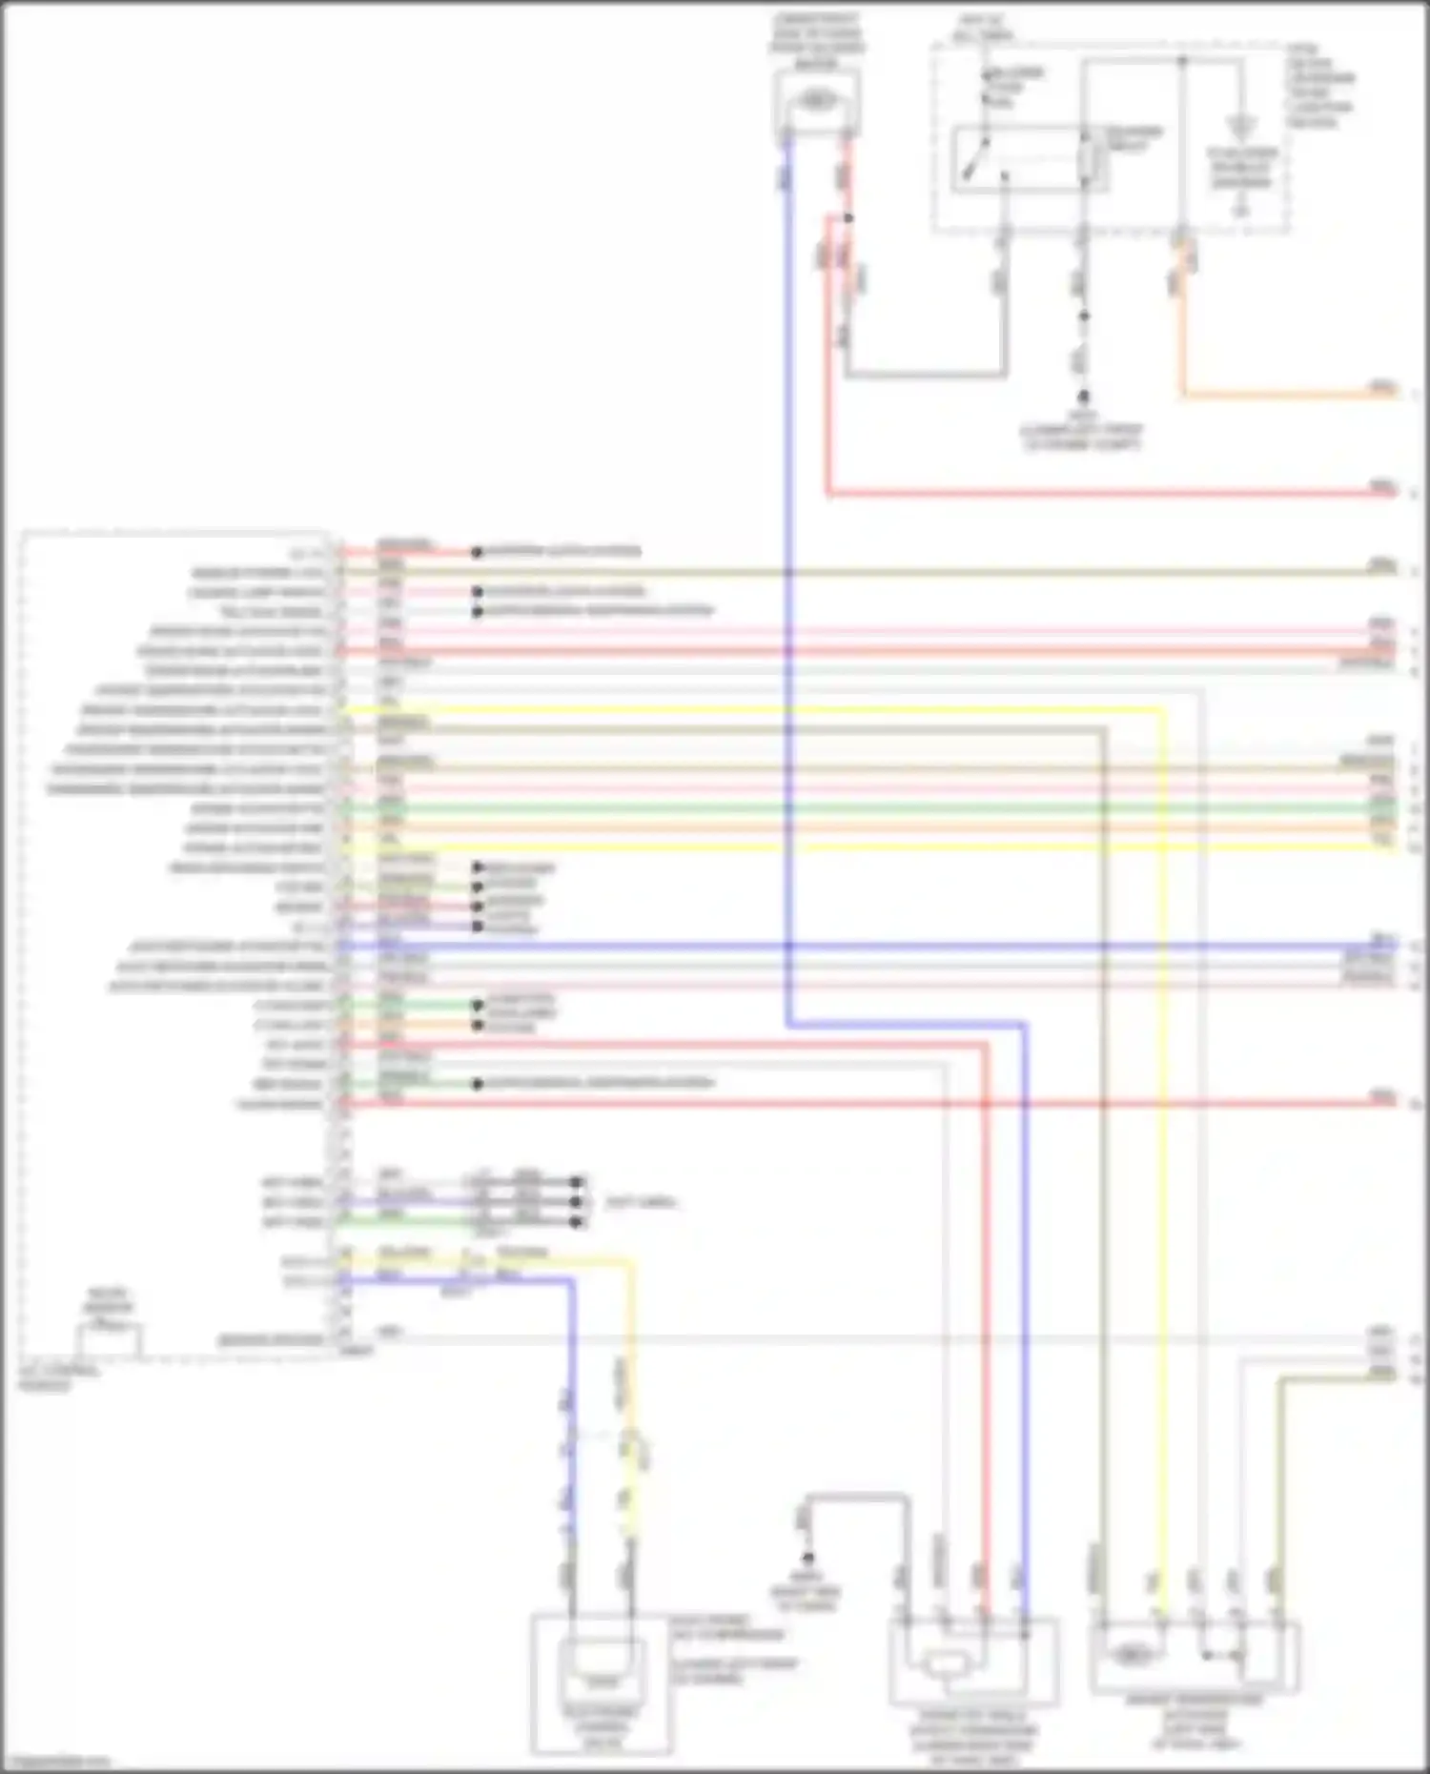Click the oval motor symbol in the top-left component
point(816,99)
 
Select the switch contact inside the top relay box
point(976,162)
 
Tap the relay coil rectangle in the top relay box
point(1087,162)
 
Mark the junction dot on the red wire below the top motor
point(848,218)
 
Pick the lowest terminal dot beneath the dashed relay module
point(1083,395)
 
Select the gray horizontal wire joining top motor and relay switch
point(925,375)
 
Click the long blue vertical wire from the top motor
point(787,572)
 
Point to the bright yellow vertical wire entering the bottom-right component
point(1163,1144)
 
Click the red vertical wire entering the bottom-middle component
point(986,1335)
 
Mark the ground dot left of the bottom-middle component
point(807,1559)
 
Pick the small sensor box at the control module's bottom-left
point(111,1339)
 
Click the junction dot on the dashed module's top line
point(1181,61)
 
